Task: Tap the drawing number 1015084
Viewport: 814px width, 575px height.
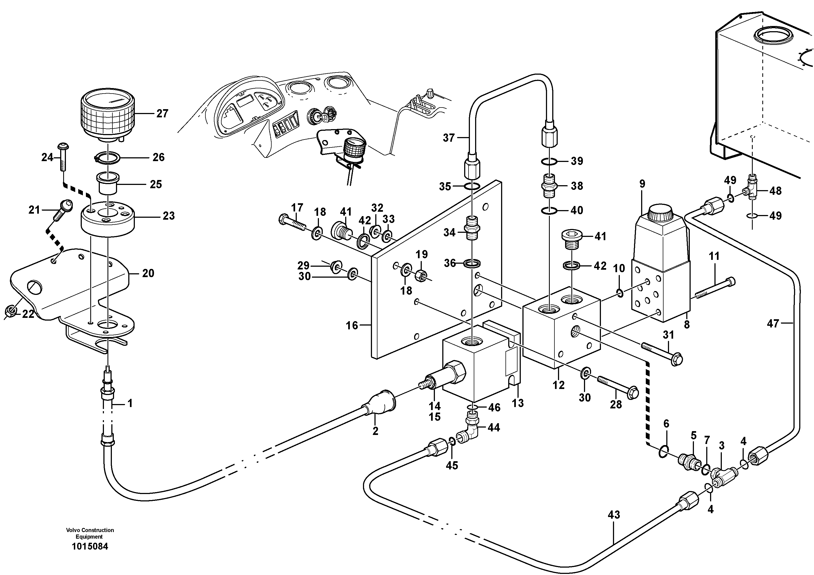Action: point(90,546)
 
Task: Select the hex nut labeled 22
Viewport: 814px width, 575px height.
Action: point(11,311)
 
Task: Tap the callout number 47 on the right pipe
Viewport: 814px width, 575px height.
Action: point(773,323)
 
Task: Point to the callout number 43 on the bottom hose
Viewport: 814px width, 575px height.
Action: point(614,515)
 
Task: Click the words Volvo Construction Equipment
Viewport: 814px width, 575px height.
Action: point(90,533)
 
